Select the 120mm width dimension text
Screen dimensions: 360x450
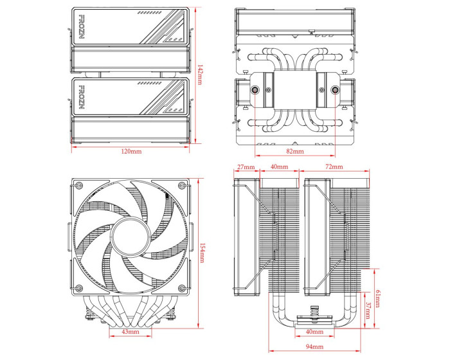[x=131, y=151]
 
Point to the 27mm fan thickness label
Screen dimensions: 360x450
[x=246, y=167]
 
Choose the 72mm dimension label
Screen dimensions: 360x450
[x=335, y=167]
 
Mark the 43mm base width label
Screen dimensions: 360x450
[x=130, y=332]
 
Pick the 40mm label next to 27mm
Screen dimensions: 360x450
[x=278, y=167]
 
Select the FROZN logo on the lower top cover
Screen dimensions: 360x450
[x=82, y=98]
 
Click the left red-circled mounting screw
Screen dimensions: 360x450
[x=256, y=90]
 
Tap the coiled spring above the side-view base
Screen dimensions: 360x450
[x=314, y=312]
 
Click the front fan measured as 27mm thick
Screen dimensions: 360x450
[x=248, y=235]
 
